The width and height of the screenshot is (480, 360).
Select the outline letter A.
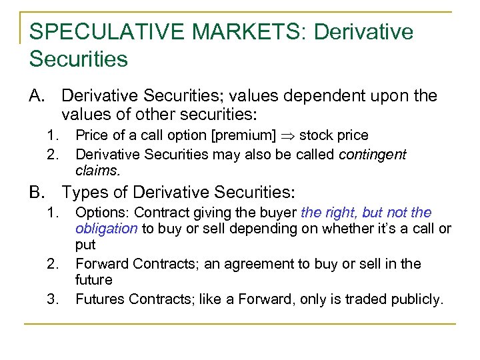(x=37, y=96)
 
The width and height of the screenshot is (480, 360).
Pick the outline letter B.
(x=37, y=192)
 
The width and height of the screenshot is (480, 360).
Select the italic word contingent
(x=372, y=154)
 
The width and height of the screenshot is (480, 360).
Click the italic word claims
(x=97, y=170)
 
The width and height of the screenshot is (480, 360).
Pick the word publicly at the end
(x=416, y=299)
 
